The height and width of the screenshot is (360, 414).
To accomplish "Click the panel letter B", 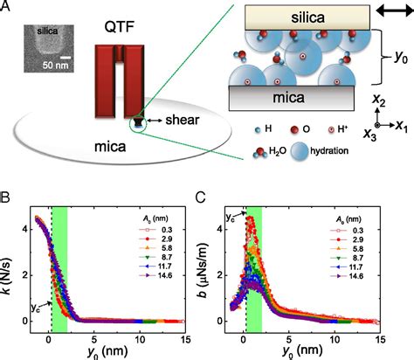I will click(x=6, y=199).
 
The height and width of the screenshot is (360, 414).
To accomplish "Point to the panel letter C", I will click(x=209, y=199).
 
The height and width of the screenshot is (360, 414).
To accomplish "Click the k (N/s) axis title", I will click(x=10, y=266).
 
